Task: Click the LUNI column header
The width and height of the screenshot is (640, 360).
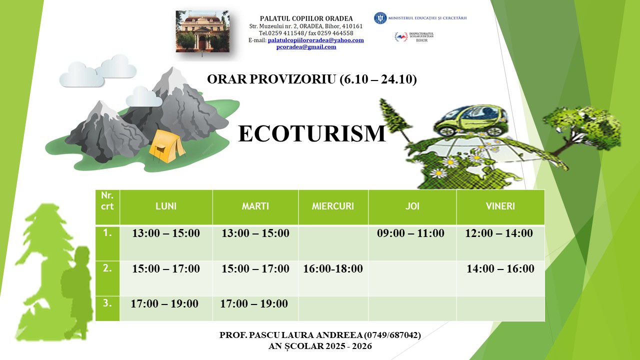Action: pyautogui.click(x=166, y=206)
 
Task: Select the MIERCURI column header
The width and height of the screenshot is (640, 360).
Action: pyautogui.click(x=333, y=206)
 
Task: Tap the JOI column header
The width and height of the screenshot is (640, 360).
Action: pyautogui.click(x=412, y=206)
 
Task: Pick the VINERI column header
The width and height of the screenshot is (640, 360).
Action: pyautogui.click(x=500, y=206)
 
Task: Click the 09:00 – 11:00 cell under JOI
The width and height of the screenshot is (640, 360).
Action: pyautogui.click(x=410, y=233)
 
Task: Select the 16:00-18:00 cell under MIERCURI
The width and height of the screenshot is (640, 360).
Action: pyautogui.click(x=333, y=268)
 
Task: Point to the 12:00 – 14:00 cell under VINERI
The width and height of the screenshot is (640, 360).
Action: pyautogui.click(x=499, y=233)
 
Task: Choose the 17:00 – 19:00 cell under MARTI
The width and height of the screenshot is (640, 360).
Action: pyautogui.click(x=254, y=303)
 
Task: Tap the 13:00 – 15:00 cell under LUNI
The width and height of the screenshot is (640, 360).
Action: pyautogui.click(x=166, y=233)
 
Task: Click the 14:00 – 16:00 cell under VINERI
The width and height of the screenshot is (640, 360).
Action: pyautogui.click(x=500, y=268)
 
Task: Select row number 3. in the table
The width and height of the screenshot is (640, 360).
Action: pyautogui.click(x=107, y=303)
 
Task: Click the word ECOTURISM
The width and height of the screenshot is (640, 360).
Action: pyautogui.click(x=312, y=133)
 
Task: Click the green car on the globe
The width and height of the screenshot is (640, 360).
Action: pyautogui.click(x=471, y=120)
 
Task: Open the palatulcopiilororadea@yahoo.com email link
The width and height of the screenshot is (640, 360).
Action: pyautogui.click(x=315, y=40)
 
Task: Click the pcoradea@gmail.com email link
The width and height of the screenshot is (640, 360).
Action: pyautogui.click(x=306, y=47)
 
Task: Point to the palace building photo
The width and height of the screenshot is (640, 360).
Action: pyautogui.click(x=202, y=31)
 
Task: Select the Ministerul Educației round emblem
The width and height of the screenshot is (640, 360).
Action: pyautogui.click(x=380, y=18)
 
